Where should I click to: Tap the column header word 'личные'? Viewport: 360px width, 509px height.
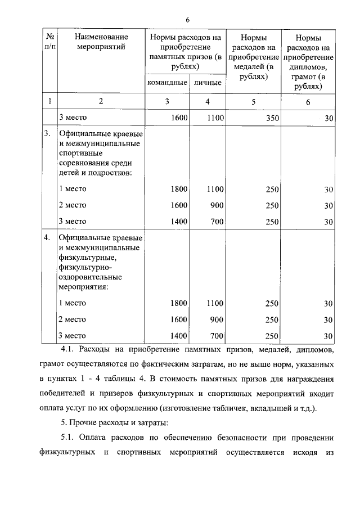coord(207,83)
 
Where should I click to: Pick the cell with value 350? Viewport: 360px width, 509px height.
coord(272,118)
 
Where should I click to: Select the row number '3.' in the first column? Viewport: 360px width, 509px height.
coord(48,134)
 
